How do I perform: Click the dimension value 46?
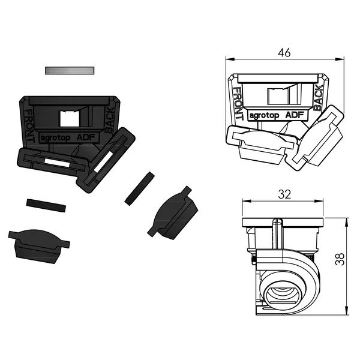(x=284, y=53)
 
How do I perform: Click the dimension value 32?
(x=284, y=194)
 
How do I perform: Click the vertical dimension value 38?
(x=340, y=259)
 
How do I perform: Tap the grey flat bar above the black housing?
(x=70, y=70)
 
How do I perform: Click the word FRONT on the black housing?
(x=29, y=126)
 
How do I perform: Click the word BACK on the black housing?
(x=110, y=120)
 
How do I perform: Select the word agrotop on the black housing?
(x=55, y=138)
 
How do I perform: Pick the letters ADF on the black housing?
(x=86, y=137)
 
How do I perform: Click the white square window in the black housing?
(x=70, y=118)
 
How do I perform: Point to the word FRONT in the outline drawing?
(x=238, y=103)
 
